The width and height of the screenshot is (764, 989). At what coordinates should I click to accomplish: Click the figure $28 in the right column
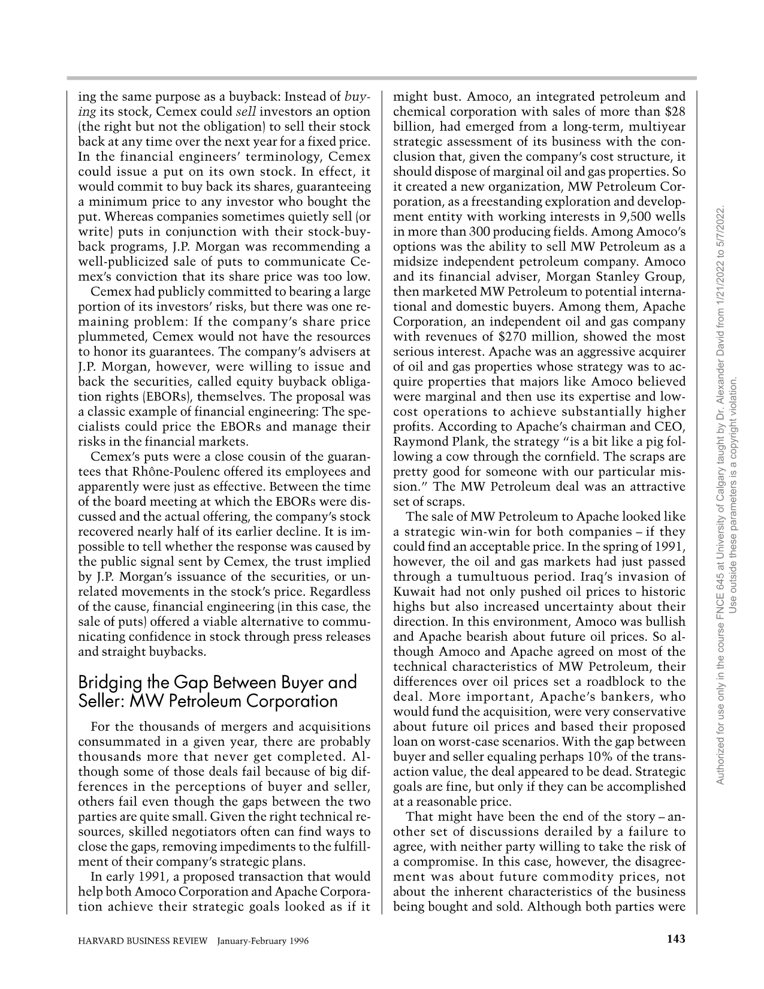[x=675, y=111]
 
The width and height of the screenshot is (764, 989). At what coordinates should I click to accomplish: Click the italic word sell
[x=246, y=111]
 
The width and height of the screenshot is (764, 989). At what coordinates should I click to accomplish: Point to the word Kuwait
[x=412, y=592]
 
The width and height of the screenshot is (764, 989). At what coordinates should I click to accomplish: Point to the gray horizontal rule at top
[x=382, y=78]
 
